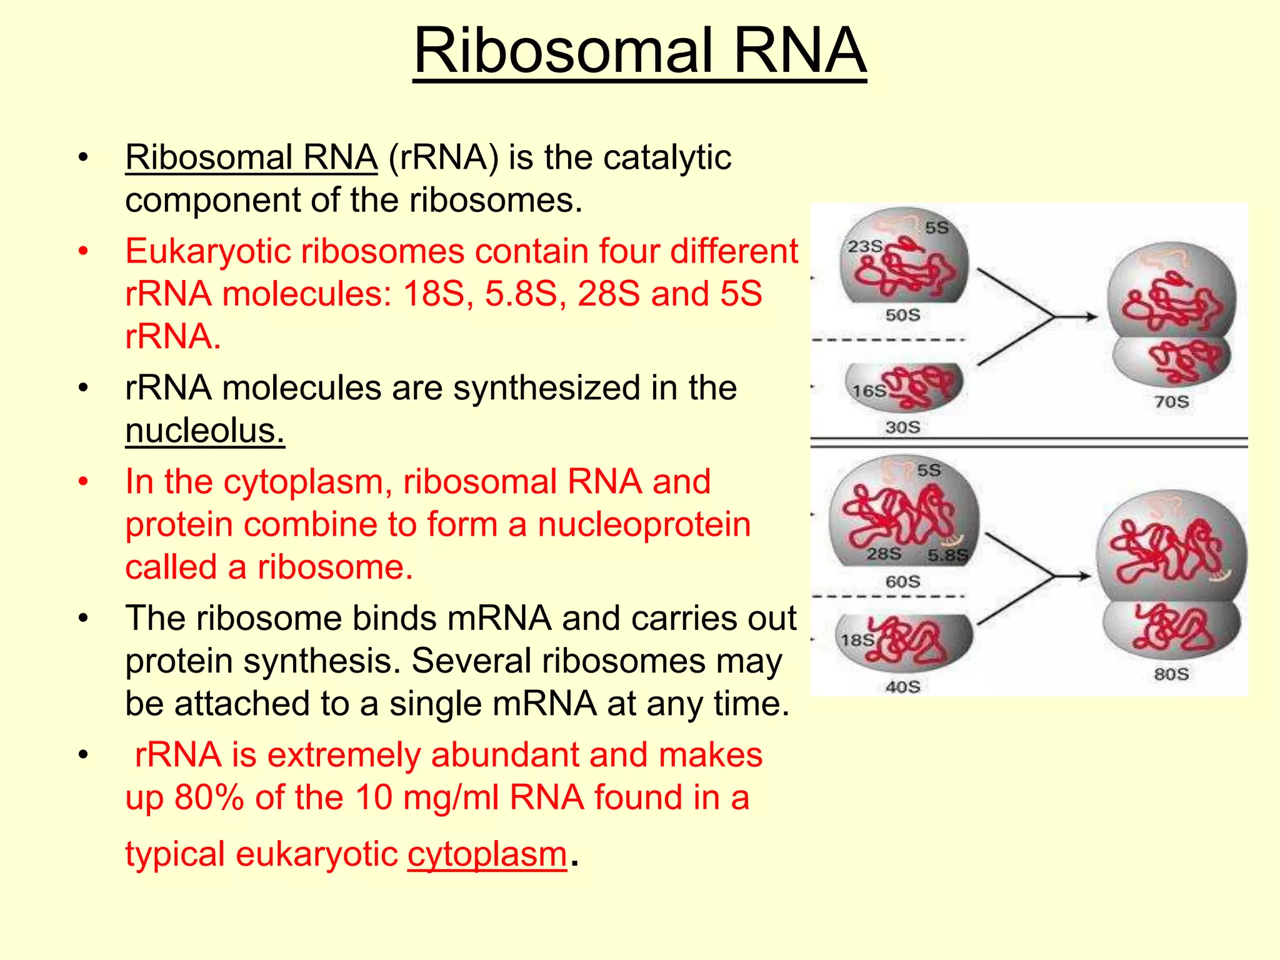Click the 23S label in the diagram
coord(864,246)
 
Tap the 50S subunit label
coord(902,315)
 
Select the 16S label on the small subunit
coord(869,391)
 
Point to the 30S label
coord(902,427)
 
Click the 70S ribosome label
coord(1171,401)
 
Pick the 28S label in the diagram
coord(884,554)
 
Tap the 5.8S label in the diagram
coord(947,555)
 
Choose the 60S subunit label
coord(902,581)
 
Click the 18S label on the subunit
coord(857,640)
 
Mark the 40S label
coord(902,687)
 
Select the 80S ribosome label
coord(1171,674)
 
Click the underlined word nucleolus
coord(204,431)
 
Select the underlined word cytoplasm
coord(487,854)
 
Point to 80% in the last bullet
coord(209,797)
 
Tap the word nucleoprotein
coord(644,524)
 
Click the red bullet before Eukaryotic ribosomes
coord(84,252)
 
